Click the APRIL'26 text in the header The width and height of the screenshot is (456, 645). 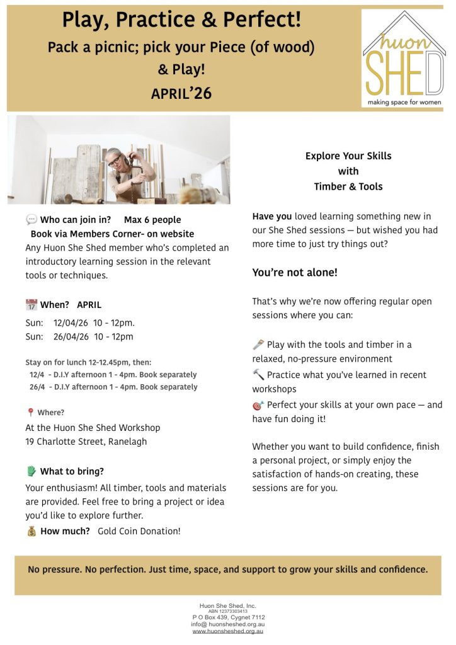pos(181,94)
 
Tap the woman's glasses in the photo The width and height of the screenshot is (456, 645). pos(115,159)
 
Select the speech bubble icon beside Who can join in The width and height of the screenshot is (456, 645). pos(31,220)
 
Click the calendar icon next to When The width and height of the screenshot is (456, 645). pos(31,305)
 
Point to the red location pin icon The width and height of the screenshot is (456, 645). pos(30,413)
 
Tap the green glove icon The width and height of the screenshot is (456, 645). pos(31,471)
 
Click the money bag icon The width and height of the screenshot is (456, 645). pos(31,531)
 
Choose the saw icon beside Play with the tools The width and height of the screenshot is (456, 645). pos(258,345)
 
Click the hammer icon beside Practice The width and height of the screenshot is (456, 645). pos(258,375)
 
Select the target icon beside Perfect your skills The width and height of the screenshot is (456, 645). pos(258,405)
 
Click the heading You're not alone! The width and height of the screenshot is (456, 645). pos(295,273)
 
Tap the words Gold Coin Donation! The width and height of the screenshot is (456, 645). pos(139,531)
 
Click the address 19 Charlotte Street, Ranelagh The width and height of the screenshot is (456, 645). pos(86,442)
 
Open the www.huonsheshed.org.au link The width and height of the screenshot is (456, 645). pos(227,631)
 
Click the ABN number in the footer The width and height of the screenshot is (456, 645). pos(228,611)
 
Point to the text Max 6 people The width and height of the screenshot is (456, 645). pos(152,220)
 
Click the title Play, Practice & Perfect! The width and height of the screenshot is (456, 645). pos(181,21)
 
